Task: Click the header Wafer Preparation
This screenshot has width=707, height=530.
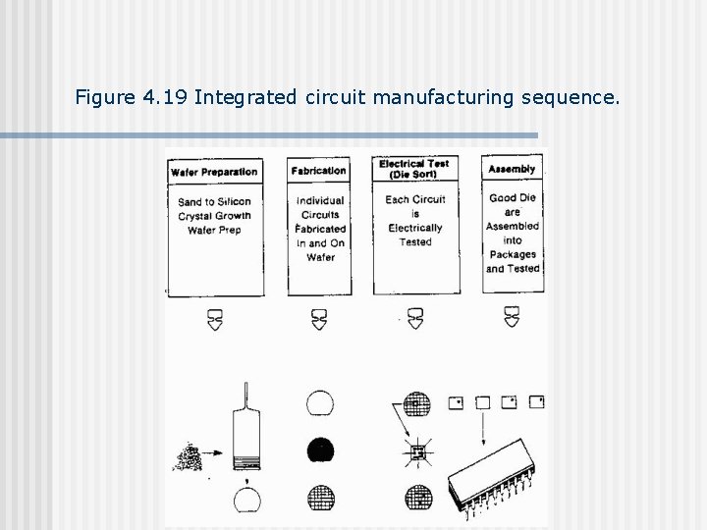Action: (x=214, y=172)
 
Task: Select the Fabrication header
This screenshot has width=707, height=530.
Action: (x=318, y=171)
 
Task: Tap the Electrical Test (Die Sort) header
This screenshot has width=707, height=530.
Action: (x=414, y=169)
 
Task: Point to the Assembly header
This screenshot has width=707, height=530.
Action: (x=512, y=169)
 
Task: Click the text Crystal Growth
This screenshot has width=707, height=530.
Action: (x=214, y=216)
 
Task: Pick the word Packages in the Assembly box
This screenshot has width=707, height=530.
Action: (x=512, y=254)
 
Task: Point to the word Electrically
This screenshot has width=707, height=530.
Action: (x=414, y=228)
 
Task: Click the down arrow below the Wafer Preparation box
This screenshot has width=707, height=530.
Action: (x=215, y=318)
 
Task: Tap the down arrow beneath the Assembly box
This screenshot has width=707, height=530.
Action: (x=512, y=316)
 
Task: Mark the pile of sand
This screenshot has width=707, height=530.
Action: (x=185, y=457)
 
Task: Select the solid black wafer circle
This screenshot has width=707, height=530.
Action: (x=320, y=451)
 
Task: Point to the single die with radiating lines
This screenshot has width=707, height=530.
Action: (x=416, y=452)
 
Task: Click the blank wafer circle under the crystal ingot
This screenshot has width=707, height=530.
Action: (x=246, y=502)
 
